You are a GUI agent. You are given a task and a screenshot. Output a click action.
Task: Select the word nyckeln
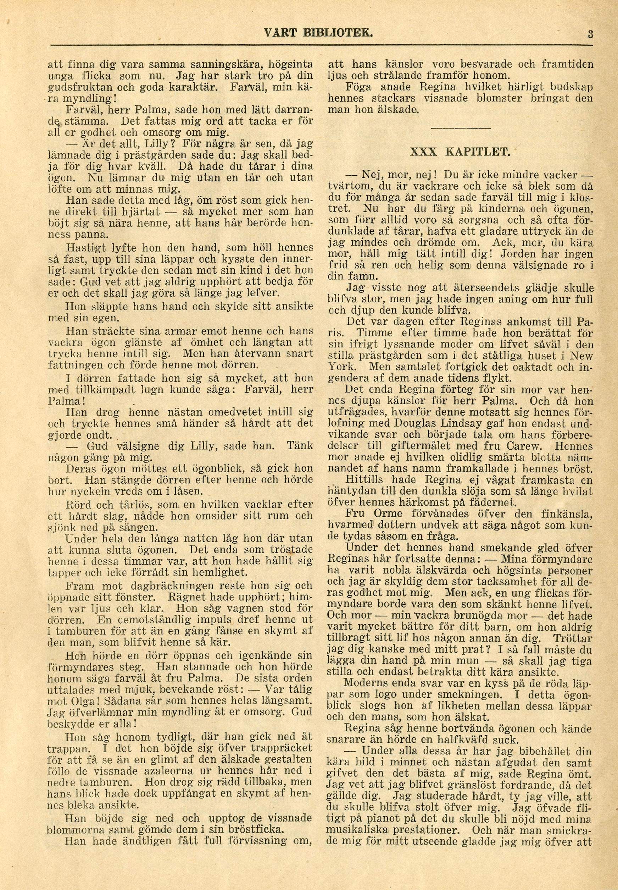coord(87,492)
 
